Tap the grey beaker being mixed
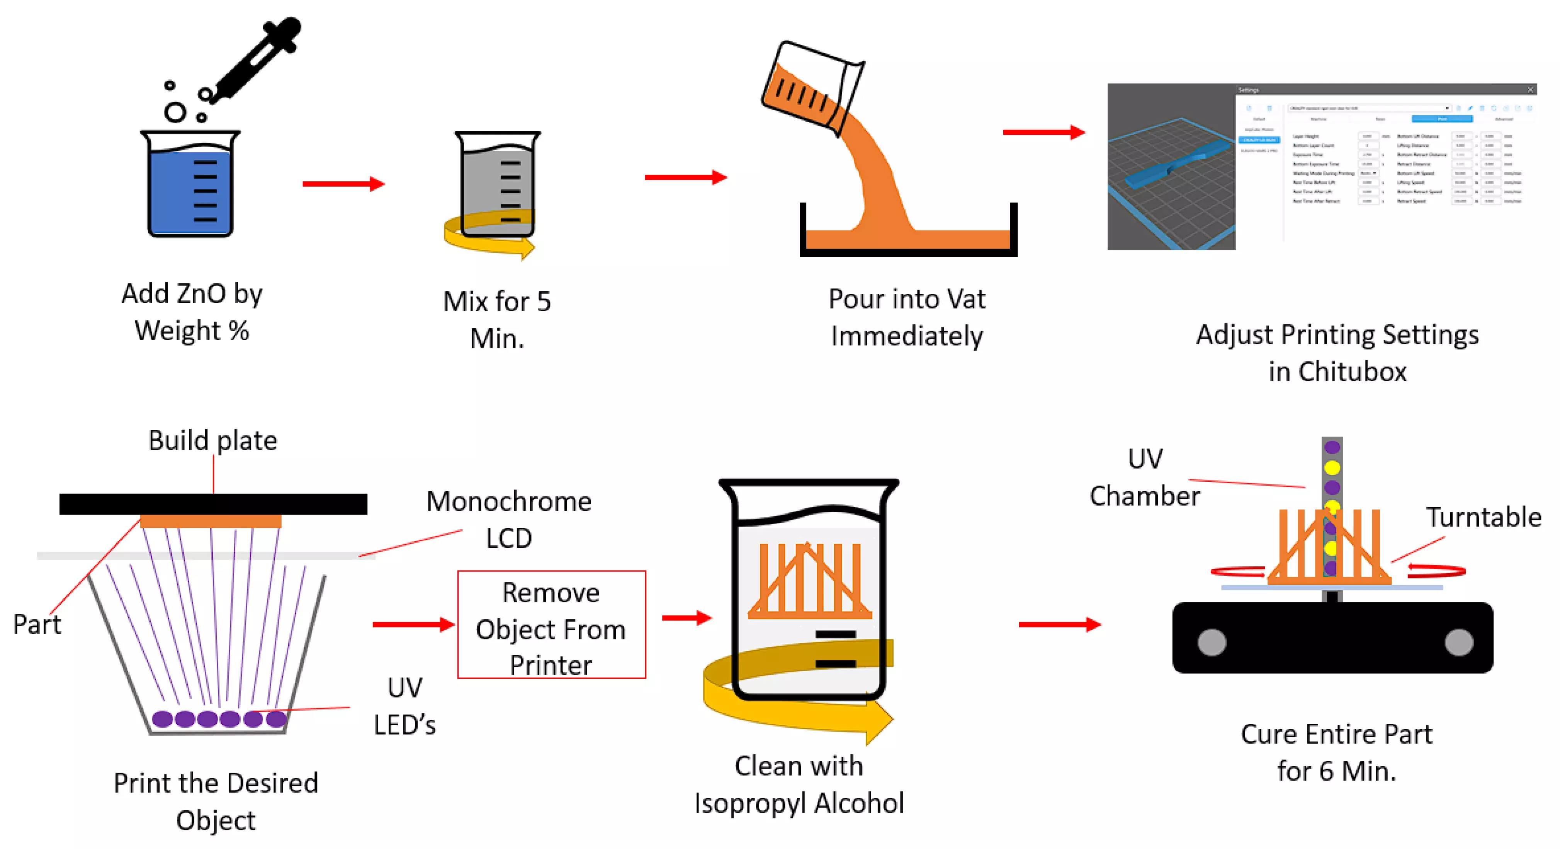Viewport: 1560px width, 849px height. coord(496,182)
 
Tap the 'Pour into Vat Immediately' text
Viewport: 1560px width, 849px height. coord(907,317)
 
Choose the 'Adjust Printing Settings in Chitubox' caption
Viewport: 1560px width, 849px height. coord(1337,353)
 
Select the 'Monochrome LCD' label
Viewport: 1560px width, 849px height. coord(509,519)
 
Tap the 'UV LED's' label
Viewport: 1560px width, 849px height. coord(404,706)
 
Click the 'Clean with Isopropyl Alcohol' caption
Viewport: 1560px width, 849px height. coord(799,785)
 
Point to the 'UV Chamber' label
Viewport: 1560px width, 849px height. coord(1145,477)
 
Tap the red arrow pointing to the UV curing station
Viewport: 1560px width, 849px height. coord(1059,624)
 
